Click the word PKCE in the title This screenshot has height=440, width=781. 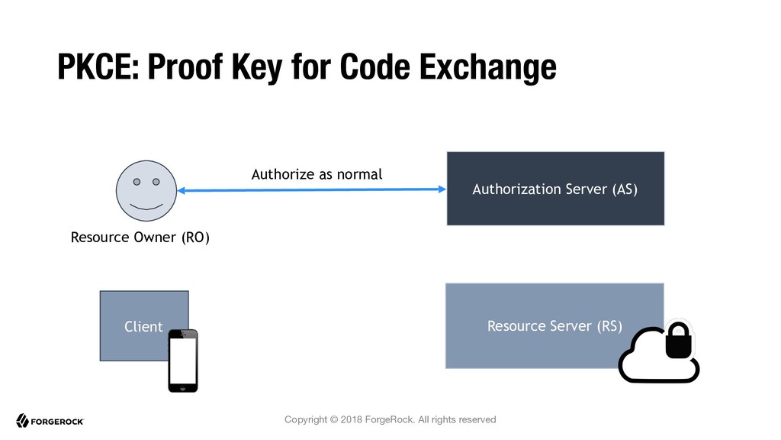[x=98, y=66]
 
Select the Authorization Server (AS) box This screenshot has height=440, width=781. [x=555, y=189]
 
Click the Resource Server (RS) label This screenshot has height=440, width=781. [x=554, y=325]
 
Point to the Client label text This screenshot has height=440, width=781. [x=143, y=326]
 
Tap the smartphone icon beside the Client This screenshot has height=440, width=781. [x=183, y=361]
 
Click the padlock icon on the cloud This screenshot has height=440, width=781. [x=678, y=340]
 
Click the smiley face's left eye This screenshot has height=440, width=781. [x=137, y=182]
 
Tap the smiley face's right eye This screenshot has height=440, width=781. [x=156, y=182]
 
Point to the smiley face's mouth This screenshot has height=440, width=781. [x=146, y=206]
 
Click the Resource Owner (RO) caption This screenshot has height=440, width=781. [x=140, y=237]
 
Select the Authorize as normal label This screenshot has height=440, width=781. [x=317, y=174]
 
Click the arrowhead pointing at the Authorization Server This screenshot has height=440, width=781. [x=442, y=189]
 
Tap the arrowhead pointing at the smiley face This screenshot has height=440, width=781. [x=182, y=190]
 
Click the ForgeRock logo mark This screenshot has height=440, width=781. [x=22, y=421]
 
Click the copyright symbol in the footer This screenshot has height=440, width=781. [x=334, y=419]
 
